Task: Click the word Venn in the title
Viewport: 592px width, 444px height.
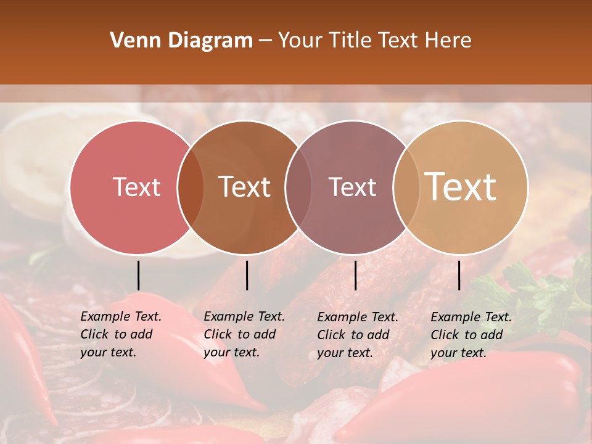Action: tap(135, 41)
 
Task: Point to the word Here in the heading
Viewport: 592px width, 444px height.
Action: tap(448, 41)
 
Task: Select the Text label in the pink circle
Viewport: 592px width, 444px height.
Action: tap(136, 187)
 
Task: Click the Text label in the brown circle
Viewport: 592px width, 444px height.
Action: tap(244, 187)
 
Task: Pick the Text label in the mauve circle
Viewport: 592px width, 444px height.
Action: tap(352, 187)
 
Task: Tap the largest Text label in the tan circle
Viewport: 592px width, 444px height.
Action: tap(461, 187)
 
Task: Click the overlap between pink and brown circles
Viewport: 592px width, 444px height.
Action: tap(191, 187)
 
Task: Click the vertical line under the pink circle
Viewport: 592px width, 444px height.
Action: tap(138, 275)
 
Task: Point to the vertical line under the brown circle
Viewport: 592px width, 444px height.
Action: tap(247, 275)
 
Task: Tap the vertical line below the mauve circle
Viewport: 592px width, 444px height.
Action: tap(355, 275)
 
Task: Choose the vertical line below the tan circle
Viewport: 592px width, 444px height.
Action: tap(459, 275)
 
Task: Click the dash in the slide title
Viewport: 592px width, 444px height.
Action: tap(265, 41)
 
